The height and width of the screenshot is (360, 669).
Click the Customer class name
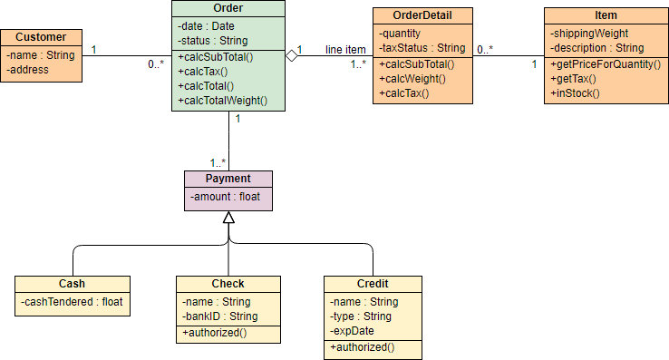(x=41, y=37)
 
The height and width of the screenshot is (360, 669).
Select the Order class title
(x=228, y=8)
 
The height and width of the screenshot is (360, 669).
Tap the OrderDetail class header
(x=422, y=15)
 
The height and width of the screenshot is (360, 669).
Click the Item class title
(x=606, y=15)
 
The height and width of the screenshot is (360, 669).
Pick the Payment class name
(x=228, y=179)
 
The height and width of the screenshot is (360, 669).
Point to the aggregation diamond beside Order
(x=291, y=56)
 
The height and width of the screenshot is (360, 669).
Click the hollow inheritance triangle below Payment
(x=228, y=218)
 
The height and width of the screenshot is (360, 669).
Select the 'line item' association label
(x=345, y=49)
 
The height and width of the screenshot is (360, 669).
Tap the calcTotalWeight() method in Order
(x=224, y=101)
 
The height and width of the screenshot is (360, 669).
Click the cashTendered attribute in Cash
(x=72, y=302)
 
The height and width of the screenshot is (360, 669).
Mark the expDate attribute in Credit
(x=354, y=331)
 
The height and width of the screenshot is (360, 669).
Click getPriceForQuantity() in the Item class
(x=605, y=65)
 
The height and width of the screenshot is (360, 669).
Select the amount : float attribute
(x=224, y=197)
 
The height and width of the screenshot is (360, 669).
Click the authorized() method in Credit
(x=363, y=347)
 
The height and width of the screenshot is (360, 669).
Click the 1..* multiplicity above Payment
(x=218, y=162)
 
